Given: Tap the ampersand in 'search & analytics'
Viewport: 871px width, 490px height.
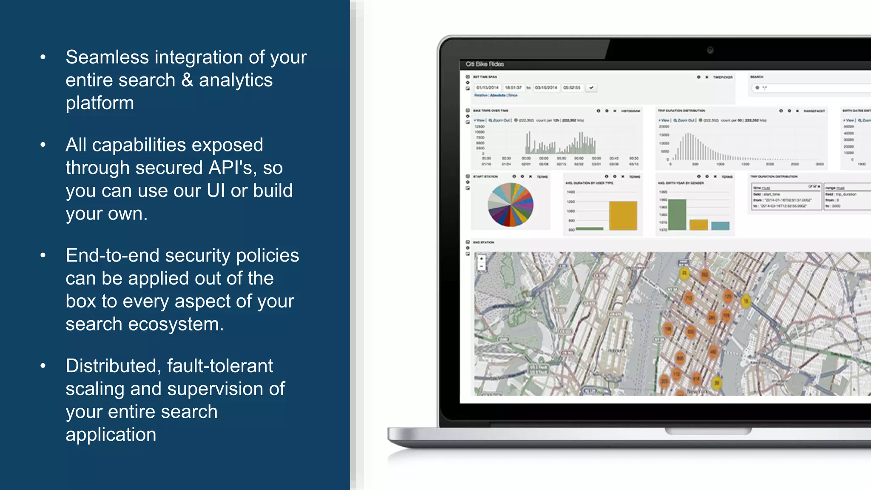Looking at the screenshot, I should click(x=187, y=80).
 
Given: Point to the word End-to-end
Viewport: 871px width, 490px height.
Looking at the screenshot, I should click(x=112, y=256).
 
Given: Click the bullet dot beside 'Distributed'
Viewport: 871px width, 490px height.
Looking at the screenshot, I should click(x=43, y=366).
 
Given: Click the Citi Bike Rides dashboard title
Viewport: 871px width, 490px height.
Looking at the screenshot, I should click(x=484, y=64).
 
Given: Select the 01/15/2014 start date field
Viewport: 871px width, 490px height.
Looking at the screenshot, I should click(x=487, y=88).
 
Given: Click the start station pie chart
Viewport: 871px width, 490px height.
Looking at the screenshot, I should click(x=510, y=205).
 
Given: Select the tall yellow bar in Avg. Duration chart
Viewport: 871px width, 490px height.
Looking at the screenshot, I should click(x=623, y=216).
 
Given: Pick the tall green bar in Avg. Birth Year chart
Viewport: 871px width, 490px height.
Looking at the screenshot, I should click(x=677, y=215).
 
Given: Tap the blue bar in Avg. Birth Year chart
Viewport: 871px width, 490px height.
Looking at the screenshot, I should click(x=720, y=226).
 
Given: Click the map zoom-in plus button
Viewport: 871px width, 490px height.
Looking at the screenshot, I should click(x=481, y=259).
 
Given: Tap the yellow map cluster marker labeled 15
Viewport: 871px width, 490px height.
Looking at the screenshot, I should click(x=746, y=302).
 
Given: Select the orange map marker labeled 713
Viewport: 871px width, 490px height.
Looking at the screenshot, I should click(x=688, y=298).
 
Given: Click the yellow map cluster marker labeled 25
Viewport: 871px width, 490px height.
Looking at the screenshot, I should click(x=684, y=273).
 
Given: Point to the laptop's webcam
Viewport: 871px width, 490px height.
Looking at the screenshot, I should click(x=710, y=50).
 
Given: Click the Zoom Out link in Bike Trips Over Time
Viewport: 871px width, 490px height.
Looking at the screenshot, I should click(x=501, y=120).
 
